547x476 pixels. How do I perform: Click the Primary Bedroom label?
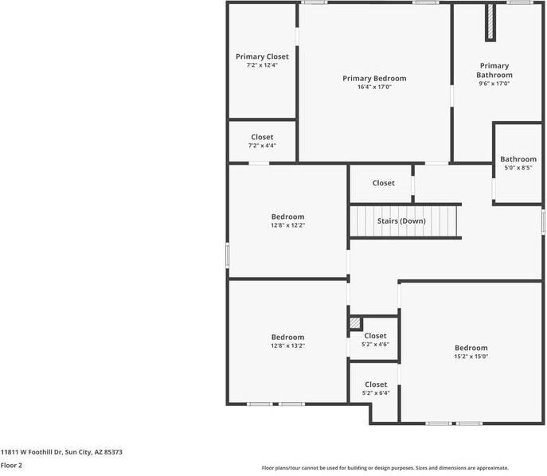click(x=374, y=78)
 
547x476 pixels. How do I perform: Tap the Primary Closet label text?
click(x=262, y=57)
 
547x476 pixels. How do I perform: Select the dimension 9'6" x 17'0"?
click(x=494, y=83)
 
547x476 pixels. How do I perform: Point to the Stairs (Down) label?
click(x=402, y=220)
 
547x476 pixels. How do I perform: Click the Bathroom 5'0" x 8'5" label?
click(x=518, y=159)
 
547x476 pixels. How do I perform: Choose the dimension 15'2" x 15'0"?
click(x=471, y=357)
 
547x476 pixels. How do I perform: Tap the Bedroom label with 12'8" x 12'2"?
click(x=287, y=217)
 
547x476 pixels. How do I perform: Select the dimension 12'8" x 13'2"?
click(x=287, y=345)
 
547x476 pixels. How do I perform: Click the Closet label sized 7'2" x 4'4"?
click(x=262, y=137)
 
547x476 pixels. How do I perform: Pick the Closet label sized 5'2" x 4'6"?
click(x=375, y=336)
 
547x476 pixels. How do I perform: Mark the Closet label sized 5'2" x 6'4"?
click(x=376, y=384)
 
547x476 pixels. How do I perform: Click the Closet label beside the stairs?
click(x=383, y=183)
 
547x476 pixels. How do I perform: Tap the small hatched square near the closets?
click(x=355, y=323)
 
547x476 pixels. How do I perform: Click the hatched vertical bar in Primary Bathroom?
click(x=490, y=22)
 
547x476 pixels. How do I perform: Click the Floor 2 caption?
click(x=11, y=465)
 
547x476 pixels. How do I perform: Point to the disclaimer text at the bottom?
click(x=385, y=468)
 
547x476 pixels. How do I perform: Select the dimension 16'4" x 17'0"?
click(x=374, y=87)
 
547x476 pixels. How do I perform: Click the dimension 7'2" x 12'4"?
click(x=262, y=65)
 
